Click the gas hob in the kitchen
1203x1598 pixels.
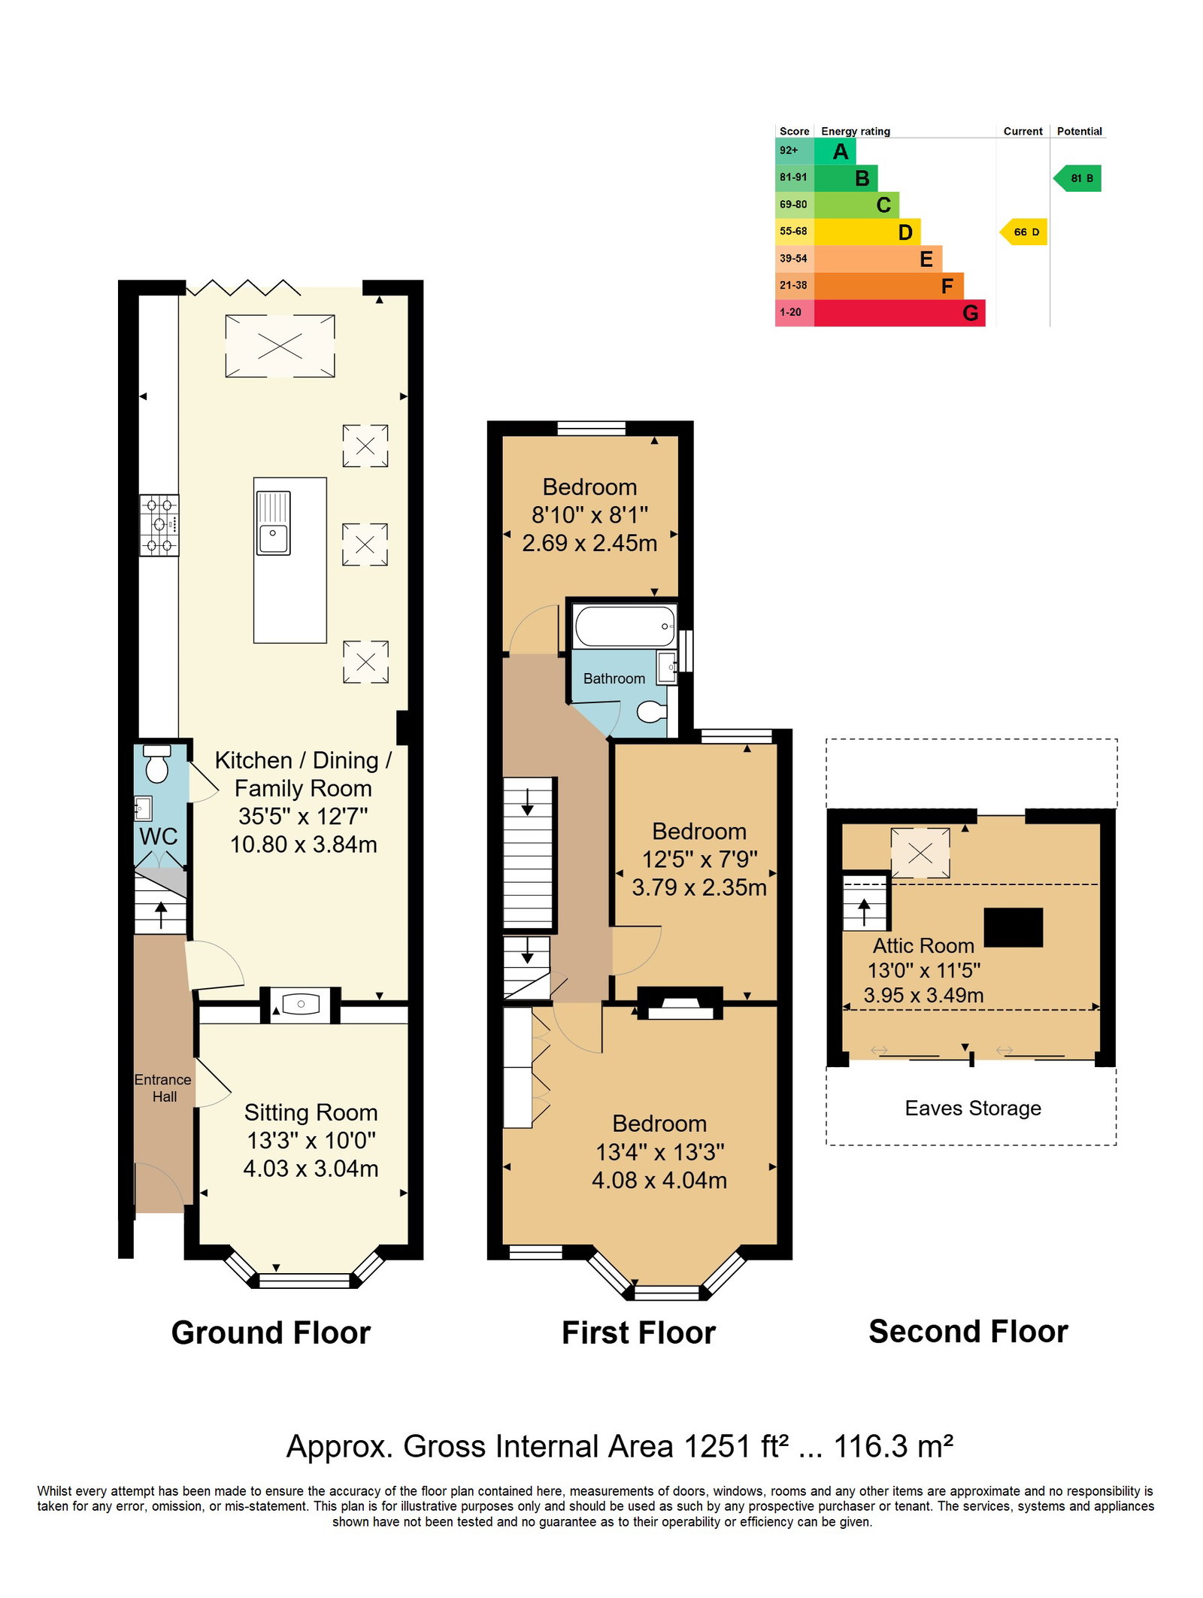(x=159, y=525)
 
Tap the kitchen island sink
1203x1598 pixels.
(x=273, y=523)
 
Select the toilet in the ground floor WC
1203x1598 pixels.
(x=157, y=764)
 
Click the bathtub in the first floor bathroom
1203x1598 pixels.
(x=624, y=626)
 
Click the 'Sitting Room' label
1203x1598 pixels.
(x=311, y=1112)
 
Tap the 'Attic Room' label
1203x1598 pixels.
(x=923, y=945)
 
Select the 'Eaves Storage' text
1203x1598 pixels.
(x=973, y=1108)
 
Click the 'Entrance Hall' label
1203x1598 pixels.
(x=163, y=1088)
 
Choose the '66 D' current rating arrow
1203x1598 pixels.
(x=1023, y=232)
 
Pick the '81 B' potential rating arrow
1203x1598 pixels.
(x=1077, y=178)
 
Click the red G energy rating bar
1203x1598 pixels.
(x=899, y=313)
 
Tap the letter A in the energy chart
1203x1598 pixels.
(x=841, y=152)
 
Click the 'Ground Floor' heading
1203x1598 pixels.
(x=271, y=1333)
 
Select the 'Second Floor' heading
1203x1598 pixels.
(x=968, y=1331)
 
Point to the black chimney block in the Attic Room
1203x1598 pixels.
(x=1013, y=926)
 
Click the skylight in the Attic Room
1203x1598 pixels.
(x=920, y=853)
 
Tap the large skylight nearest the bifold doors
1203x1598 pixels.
(x=280, y=346)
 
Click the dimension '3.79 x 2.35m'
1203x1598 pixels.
(x=699, y=887)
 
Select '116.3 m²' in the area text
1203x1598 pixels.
(x=894, y=1445)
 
